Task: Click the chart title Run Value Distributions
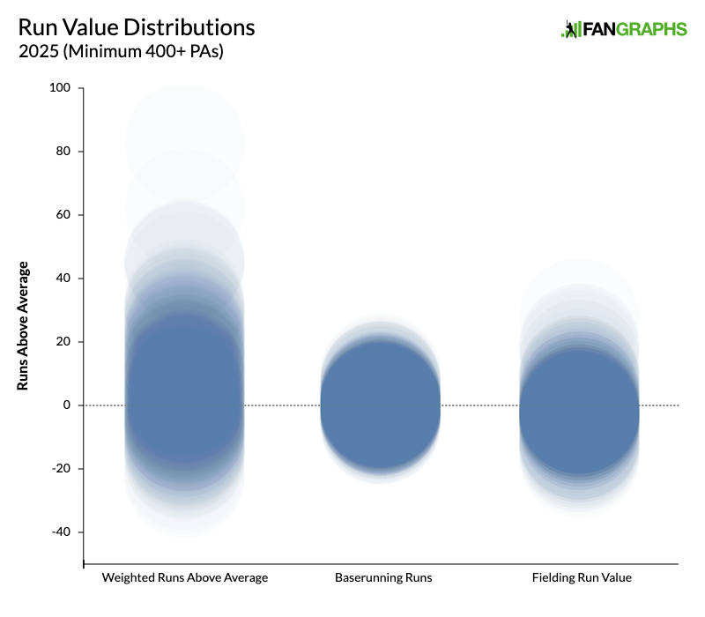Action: point(137,27)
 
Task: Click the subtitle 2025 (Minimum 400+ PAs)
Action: point(121,52)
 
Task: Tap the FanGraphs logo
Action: point(624,29)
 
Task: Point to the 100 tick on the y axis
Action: point(61,88)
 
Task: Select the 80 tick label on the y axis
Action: point(63,152)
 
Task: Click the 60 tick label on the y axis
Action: point(63,215)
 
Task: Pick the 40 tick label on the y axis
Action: point(63,279)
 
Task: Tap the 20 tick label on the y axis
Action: point(63,342)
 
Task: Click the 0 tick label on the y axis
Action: point(67,405)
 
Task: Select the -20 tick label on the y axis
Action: point(62,469)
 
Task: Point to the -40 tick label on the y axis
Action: point(62,532)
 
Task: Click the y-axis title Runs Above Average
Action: point(24,326)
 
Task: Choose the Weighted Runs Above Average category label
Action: point(185,578)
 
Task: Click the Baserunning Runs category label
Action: point(383,578)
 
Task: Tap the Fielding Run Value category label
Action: point(582,578)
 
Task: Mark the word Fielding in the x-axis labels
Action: point(553,578)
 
